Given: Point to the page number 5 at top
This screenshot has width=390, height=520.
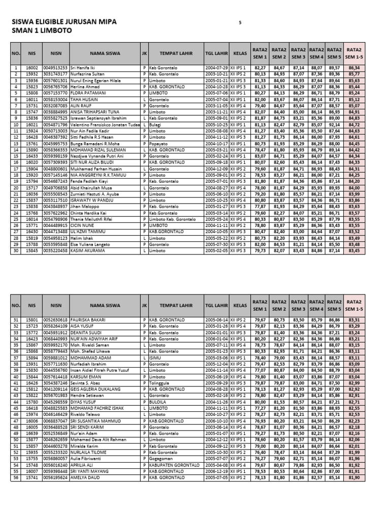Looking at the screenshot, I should [240, 23].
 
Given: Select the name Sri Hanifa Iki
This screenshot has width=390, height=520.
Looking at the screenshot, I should [82, 68].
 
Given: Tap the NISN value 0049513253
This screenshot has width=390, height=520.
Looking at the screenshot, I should [55, 68].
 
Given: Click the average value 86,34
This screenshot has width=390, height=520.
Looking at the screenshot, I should [354, 68].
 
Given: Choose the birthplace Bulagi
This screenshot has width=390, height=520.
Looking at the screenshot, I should [155, 125].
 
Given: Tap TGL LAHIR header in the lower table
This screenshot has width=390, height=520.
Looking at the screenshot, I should [216, 306].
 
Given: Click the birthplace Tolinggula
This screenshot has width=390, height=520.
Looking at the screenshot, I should [160, 383].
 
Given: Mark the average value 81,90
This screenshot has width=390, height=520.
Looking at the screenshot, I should [354, 478].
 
